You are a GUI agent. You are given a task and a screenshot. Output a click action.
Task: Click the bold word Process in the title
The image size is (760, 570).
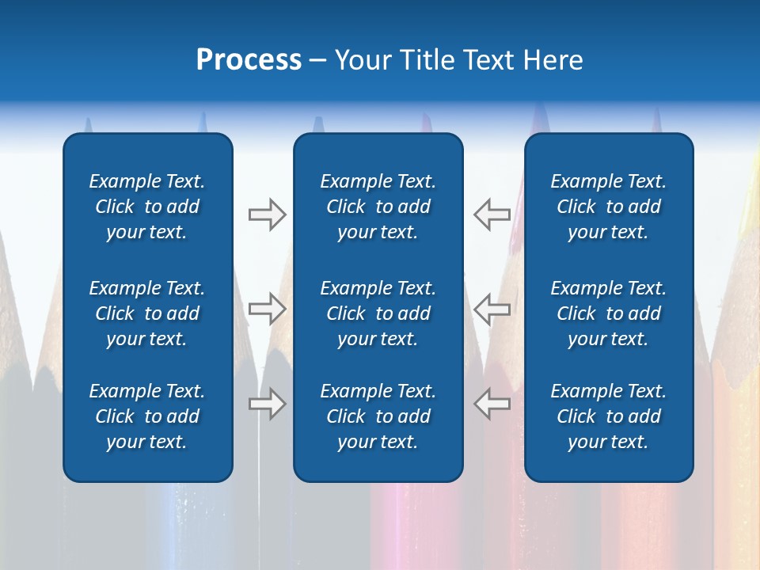(x=249, y=60)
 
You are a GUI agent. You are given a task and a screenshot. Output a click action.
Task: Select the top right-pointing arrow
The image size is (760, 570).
(x=268, y=215)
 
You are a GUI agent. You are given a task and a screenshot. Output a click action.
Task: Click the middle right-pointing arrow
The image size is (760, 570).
(x=268, y=309)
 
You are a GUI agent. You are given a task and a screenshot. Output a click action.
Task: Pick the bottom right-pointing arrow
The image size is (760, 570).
(x=268, y=404)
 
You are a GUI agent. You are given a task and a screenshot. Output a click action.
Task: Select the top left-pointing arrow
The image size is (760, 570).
(x=492, y=215)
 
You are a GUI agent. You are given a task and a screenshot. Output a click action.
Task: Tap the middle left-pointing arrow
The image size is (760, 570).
(x=492, y=309)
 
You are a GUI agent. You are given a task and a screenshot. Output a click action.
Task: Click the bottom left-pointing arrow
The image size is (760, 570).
(x=492, y=403)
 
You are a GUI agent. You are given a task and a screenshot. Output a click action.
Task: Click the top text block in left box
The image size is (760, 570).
(x=147, y=207)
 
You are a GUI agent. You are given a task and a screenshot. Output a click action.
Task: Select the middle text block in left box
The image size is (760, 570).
(x=147, y=313)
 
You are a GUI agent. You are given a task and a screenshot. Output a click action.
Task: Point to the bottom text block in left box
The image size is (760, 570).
(x=147, y=416)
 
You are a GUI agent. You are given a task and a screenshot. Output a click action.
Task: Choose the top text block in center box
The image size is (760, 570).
(x=378, y=207)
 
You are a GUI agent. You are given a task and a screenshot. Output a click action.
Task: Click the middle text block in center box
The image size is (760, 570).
(x=378, y=313)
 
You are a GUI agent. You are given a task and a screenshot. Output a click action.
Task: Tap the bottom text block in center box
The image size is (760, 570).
(x=378, y=416)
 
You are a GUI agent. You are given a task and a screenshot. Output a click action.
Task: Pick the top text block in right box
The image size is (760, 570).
(x=608, y=207)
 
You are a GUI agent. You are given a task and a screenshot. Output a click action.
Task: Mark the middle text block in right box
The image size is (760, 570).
(x=608, y=313)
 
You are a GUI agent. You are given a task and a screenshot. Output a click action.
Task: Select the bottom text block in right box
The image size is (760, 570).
(x=608, y=416)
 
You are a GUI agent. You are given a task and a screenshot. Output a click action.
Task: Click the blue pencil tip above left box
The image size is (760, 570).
(x=203, y=122)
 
